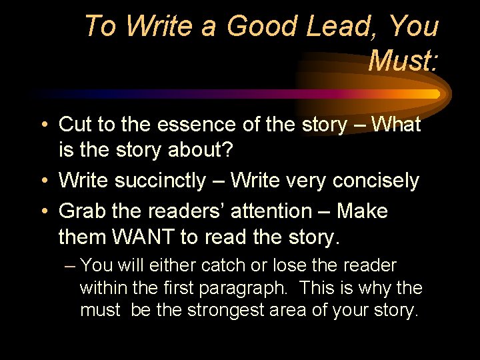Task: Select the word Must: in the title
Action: click(x=403, y=61)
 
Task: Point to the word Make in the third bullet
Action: click(x=361, y=211)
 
